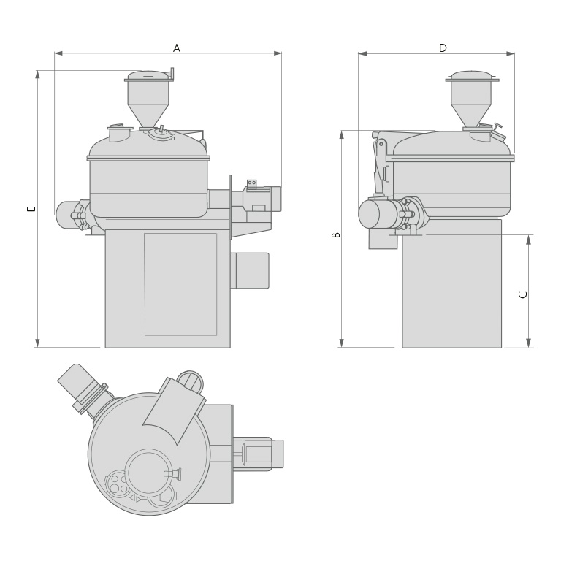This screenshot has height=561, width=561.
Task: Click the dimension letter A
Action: (176, 48)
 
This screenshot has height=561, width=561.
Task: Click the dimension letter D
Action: (443, 48)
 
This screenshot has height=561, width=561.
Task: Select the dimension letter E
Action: (31, 208)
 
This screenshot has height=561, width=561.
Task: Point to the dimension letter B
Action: (336, 234)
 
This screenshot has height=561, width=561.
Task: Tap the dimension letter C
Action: (523, 294)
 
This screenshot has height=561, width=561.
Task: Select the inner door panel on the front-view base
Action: (180, 283)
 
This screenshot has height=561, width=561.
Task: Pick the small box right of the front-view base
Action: (251, 270)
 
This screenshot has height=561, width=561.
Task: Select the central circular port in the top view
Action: (148, 473)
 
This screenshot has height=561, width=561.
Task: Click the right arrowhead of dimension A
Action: (278, 53)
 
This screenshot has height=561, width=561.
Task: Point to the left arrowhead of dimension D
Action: (362, 53)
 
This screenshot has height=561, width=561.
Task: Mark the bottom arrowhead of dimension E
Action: (37, 343)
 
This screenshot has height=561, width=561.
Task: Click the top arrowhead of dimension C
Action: (528, 240)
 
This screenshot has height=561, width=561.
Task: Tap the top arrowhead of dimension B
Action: (341, 135)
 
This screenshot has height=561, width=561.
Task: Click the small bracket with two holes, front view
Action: (251, 183)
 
